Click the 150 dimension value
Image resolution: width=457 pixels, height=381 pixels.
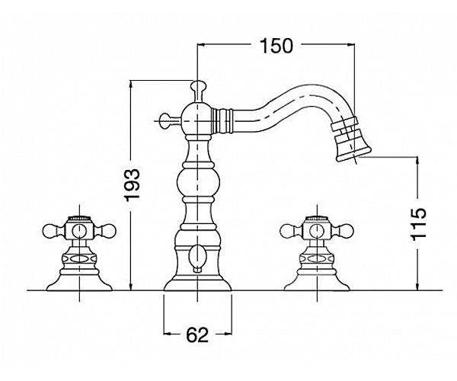click(x=276, y=46)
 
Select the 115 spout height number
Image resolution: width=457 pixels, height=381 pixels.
click(x=419, y=224)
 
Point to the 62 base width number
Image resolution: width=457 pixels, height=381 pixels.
click(x=197, y=335)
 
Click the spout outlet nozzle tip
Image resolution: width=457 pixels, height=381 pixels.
click(x=351, y=139)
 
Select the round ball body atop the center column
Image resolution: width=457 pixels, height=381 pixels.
click(x=198, y=118)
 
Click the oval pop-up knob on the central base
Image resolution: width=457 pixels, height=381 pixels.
click(x=197, y=256)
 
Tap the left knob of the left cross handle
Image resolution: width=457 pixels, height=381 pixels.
click(x=50, y=231)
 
